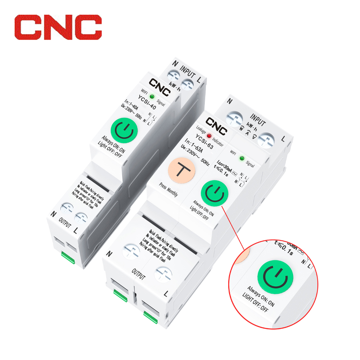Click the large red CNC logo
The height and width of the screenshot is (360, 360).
(x=58, y=27)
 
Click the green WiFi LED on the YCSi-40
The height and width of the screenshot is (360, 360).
(x=152, y=97)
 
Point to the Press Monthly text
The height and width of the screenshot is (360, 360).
(x=168, y=189)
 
